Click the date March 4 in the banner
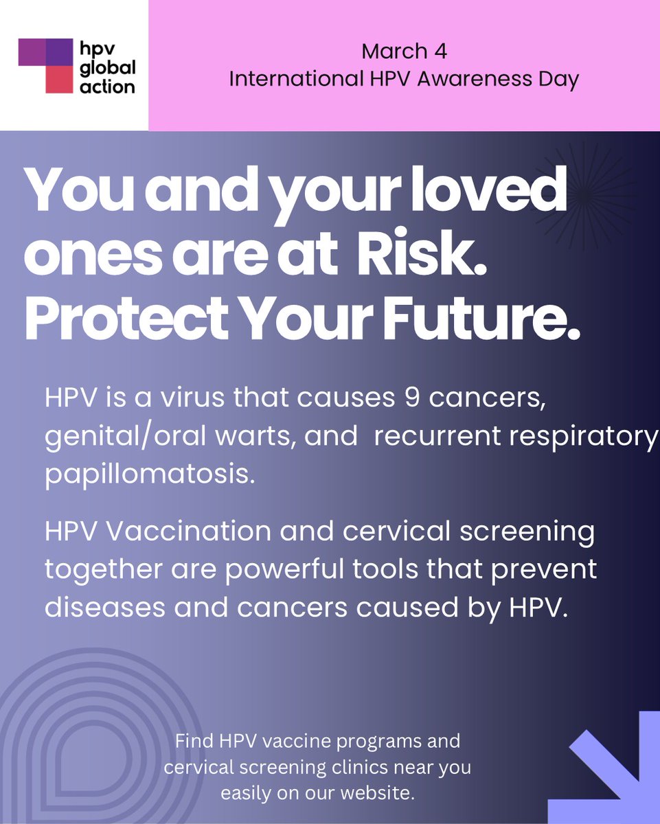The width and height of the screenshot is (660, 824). pyautogui.click(x=404, y=51)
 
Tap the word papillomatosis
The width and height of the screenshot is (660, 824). pyautogui.click(x=149, y=474)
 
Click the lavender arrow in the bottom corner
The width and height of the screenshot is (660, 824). pyautogui.click(x=608, y=762)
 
